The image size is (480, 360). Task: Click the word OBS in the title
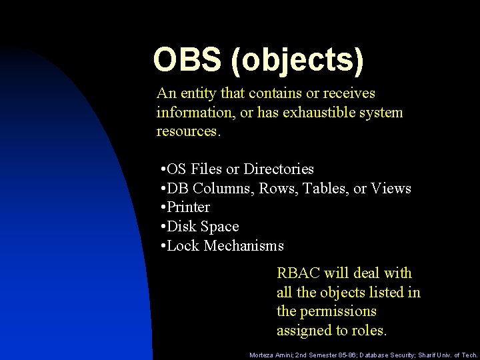coord(187,59)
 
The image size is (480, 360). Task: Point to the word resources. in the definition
coord(188,131)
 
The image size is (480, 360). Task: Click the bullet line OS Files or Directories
coord(237,169)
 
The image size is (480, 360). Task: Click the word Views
coord(391,189)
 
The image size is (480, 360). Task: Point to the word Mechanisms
coord(244,246)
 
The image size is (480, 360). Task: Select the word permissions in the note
coord(337,311)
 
